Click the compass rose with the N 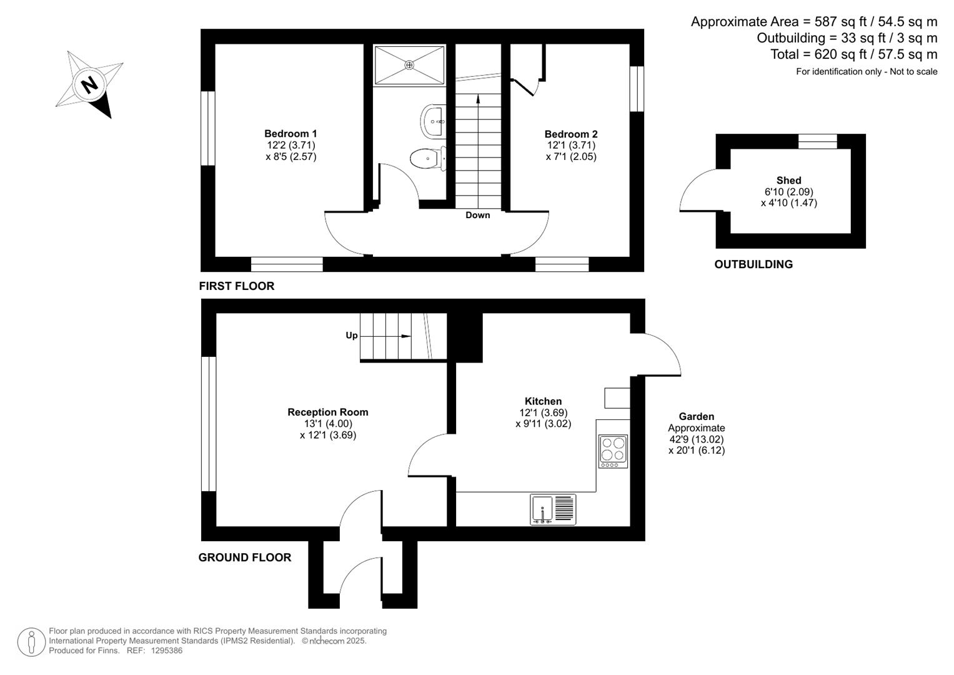89,84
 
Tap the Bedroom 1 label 291,134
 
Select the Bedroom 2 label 570,134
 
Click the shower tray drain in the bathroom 409,64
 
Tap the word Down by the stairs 477,215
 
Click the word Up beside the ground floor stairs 352,336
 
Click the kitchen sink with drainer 553,509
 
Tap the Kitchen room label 543,401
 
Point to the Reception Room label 327,412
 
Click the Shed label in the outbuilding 788,180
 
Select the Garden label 696,416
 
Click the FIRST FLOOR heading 236,286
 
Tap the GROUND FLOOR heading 244,557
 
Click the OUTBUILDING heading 753,264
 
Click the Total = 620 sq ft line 853,54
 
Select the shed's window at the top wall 817,141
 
